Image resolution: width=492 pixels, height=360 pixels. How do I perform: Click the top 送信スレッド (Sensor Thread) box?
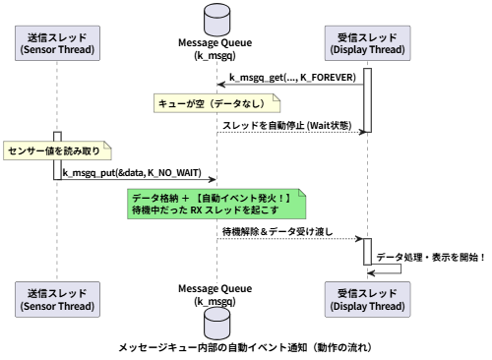(x=57, y=43)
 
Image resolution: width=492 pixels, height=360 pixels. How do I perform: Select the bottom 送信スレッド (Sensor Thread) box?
(x=57, y=299)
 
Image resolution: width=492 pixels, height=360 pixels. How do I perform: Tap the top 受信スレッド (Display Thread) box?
(x=367, y=43)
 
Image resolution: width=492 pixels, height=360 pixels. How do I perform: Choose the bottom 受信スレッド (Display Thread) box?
(x=367, y=299)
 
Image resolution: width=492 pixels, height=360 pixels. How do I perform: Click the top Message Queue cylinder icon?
(x=216, y=20)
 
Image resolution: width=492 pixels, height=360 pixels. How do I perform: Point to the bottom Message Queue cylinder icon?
(x=216, y=324)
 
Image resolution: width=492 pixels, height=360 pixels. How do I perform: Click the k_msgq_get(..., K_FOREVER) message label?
(x=292, y=78)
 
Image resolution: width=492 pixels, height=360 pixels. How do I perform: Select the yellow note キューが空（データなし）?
(x=216, y=103)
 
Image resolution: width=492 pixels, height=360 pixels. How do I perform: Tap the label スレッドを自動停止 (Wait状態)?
(x=287, y=125)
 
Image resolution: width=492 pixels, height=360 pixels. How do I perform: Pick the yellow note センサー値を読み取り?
(x=57, y=150)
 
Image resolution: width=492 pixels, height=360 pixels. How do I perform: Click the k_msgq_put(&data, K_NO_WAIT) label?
(x=132, y=173)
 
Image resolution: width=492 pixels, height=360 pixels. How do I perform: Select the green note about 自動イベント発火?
(x=216, y=204)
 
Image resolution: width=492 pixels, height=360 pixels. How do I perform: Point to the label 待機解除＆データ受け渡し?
(x=277, y=231)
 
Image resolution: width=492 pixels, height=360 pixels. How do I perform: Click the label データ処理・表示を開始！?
(x=431, y=257)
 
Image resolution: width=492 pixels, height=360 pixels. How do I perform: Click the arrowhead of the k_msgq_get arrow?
(x=221, y=85)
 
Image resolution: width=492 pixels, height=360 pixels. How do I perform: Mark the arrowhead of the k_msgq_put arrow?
(x=213, y=179)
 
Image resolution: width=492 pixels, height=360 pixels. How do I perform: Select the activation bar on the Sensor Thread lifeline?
(x=57, y=155)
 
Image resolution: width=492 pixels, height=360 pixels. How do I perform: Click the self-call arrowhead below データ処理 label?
(x=371, y=273)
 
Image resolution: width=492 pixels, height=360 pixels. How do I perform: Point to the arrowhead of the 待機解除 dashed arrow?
(x=359, y=239)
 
